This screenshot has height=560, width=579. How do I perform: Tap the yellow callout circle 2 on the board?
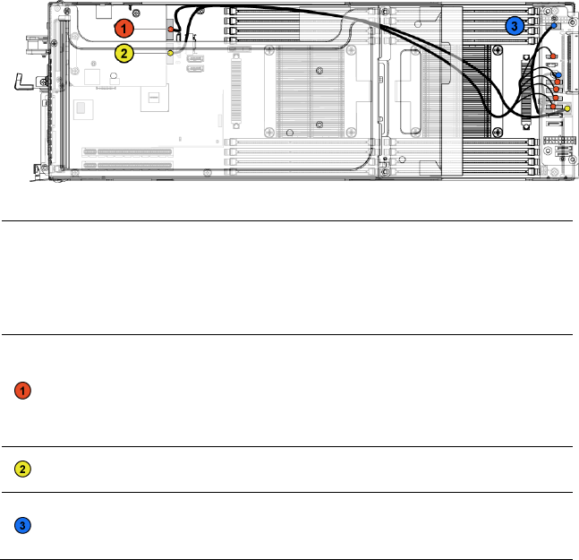coord(123,53)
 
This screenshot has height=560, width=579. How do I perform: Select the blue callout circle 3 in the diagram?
coord(514,26)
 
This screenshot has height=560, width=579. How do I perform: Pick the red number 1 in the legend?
coord(23,391)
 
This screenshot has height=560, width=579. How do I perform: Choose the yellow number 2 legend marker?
coord(23,469)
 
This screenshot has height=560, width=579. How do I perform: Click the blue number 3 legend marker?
coord(23,526)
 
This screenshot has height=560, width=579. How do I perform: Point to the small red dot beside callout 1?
coord(171,30)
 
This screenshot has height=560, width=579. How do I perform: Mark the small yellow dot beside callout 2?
coord(171,53)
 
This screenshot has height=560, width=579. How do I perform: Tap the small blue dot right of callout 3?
coord(555,26)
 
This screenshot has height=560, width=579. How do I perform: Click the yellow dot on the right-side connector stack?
coord(566,109)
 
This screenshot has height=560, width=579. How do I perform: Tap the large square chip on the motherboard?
coord(154,98)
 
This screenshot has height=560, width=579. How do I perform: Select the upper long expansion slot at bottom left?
coord(134,152)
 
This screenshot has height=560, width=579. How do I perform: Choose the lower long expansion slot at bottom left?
coord(134,166)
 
